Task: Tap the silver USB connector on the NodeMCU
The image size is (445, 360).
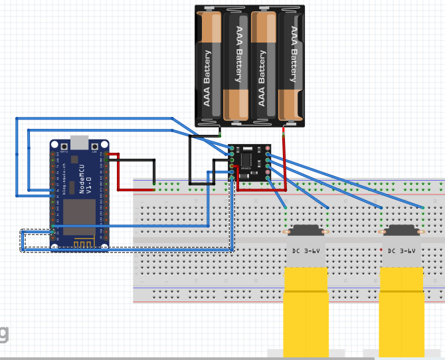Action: pos(79,143)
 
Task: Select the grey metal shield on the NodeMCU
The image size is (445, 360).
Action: pos(79,217)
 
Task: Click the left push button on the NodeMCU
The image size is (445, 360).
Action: pos(64,146)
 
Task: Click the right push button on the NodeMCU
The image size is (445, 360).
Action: pos(95,146)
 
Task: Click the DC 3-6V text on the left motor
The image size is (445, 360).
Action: pos(306,251)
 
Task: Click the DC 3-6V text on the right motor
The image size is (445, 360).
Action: pos(401,251)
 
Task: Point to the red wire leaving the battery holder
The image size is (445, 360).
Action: pos(284,159)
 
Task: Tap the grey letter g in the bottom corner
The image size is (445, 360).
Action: pos(4,332)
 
